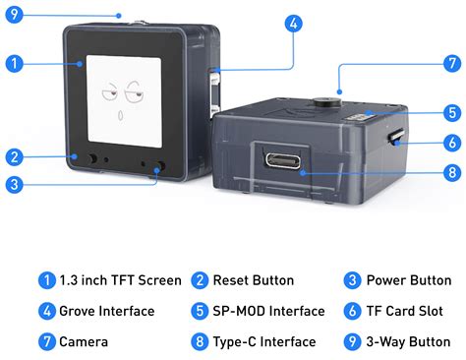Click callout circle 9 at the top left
coord(14,14)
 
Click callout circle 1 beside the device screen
coord(14,65)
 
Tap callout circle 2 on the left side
coord(14,155)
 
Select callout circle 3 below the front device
coord(14,183)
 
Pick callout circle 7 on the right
coord(451,64)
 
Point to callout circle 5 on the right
coord(451,112)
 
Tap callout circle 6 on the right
coord(451,143)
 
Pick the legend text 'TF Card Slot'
coord(404,311)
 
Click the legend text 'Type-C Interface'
coord(265,342)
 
